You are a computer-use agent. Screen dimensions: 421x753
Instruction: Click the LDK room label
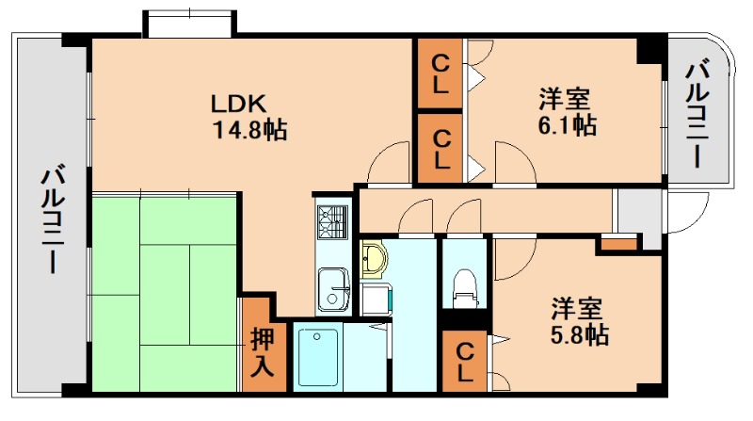click(x=240, y=103)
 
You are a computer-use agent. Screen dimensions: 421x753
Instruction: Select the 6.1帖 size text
click(x=566, y=125)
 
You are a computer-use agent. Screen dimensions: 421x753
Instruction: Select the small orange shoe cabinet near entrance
click(x=617, y=245)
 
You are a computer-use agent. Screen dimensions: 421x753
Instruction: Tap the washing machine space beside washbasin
click(x=375, y=298)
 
